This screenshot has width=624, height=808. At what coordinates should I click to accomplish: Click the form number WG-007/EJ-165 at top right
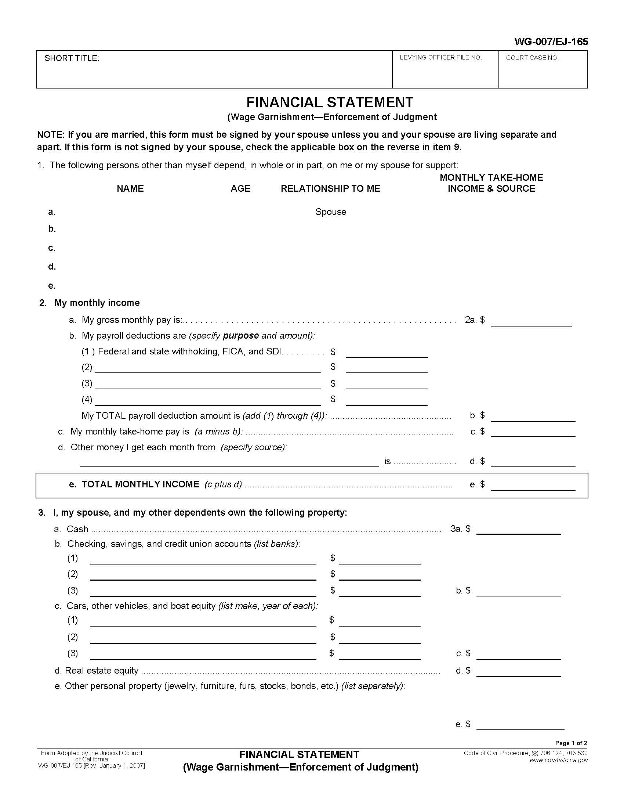coord(551,42)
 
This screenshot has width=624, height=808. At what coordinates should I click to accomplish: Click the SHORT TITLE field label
coord(72,58)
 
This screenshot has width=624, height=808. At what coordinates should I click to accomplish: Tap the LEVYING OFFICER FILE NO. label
coord(440,58)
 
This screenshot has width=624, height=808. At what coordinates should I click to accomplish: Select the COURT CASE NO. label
coord(532,58)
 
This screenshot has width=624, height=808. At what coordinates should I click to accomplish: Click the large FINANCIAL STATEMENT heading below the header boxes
coord(330,102)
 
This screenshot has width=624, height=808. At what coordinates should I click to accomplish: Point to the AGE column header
coord(240,189)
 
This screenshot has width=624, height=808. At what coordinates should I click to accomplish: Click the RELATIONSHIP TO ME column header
coord(330,189)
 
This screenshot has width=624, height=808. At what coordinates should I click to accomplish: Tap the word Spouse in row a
coord(330,212)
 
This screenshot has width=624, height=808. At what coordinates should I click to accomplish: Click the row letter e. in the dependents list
coord(52,286)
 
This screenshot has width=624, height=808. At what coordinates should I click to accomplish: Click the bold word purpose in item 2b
coord(241,336)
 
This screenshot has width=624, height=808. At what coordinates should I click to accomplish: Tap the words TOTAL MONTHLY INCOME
coord(141,484)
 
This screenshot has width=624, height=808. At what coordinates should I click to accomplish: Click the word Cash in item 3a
coord(77,529)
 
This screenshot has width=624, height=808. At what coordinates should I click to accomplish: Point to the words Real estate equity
coord(102,670)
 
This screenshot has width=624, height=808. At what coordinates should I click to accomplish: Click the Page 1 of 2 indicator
coord(571,743)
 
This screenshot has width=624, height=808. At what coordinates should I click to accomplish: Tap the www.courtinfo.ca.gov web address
coord(558,760)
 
